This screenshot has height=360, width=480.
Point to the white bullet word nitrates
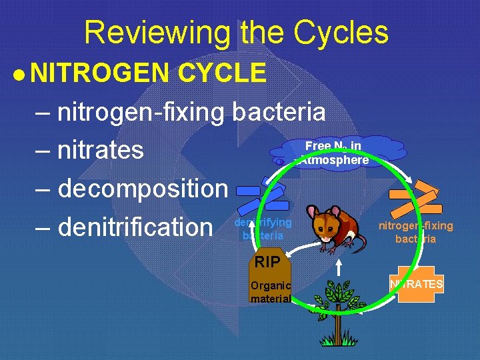coord(100,150)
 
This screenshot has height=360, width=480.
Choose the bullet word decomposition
coord(143,189)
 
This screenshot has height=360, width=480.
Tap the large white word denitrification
coord(135,227)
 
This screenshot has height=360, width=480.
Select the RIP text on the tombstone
coord(267,262)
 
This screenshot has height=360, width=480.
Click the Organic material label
coord(270,292)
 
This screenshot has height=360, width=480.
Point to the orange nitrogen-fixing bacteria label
coord(415,232)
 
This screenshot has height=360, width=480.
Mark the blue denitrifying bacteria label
coord(263,229)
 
